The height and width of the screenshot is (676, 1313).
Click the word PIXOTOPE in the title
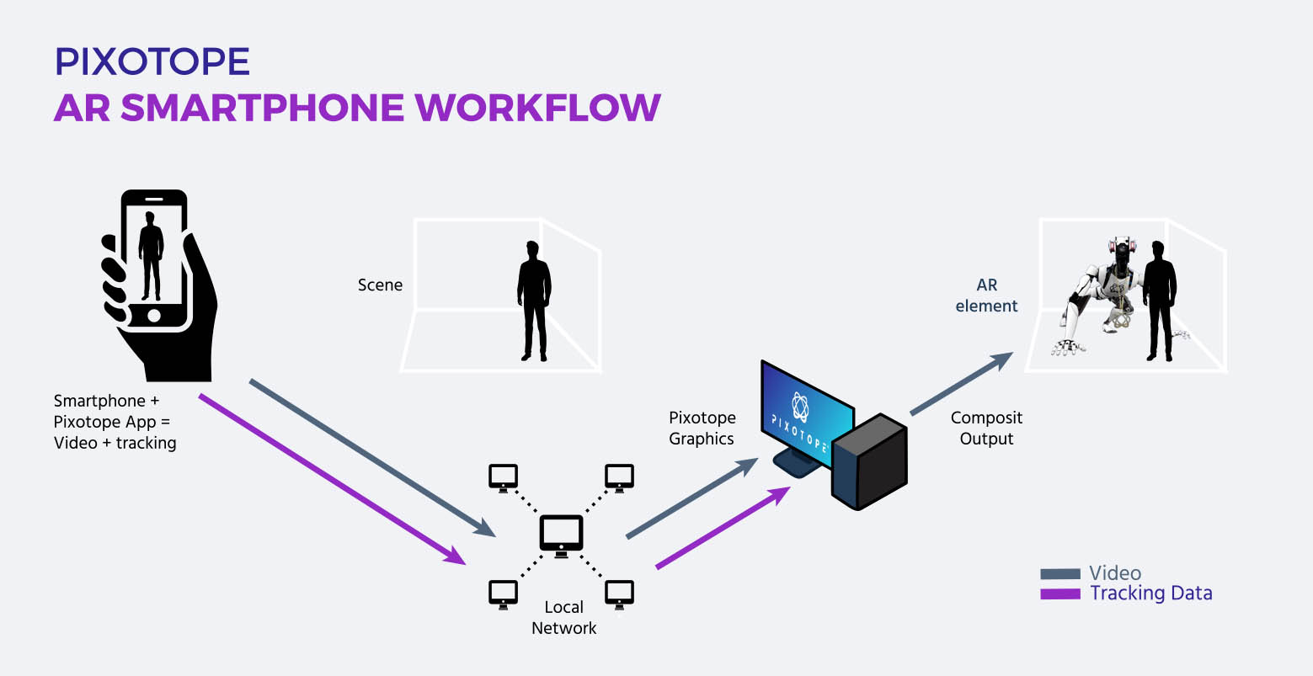pyautogui.click(x=152, y=62)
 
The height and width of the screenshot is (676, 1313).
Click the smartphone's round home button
pyautogui.click(x=153, y=314)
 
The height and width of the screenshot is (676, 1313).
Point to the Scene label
pyautogui.click(x=380, y=285)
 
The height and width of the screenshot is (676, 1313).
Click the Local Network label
pyautogui.click(x=563, y=617)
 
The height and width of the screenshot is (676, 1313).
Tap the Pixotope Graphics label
pyautogui.click(x=702, y=428)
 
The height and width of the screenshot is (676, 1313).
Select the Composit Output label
pyautogui.click(x=986, y=428)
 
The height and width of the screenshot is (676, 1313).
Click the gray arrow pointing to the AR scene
pyautogui.click(x=960, y=384)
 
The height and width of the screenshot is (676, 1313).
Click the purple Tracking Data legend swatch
pyautogui.click(x=1059, y=593)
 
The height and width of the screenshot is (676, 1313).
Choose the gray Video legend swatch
pyautogui.click(x=1059, y=574)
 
